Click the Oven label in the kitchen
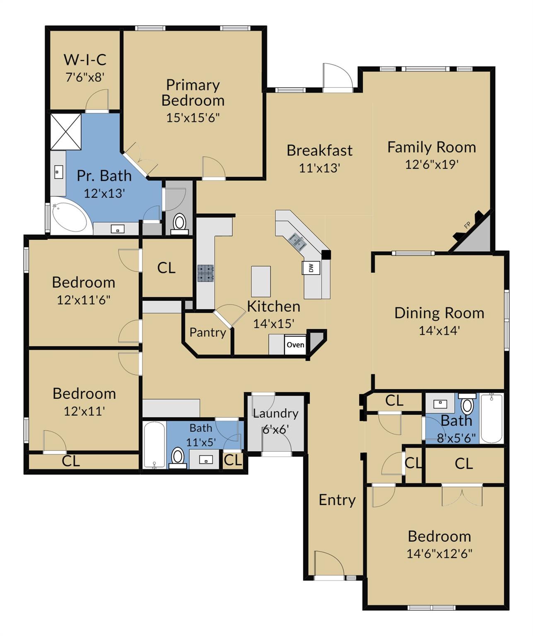295,344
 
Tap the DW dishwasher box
311,268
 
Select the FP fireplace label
467,225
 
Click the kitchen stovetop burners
206,273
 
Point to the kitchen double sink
297,240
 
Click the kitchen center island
261,281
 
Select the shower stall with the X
66,132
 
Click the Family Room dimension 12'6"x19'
432,164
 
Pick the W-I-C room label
85,60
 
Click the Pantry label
207,332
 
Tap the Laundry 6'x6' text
276,421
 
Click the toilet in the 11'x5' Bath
178,457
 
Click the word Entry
337,500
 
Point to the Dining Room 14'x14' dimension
439,330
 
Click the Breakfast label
319,150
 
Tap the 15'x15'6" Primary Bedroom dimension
193,118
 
